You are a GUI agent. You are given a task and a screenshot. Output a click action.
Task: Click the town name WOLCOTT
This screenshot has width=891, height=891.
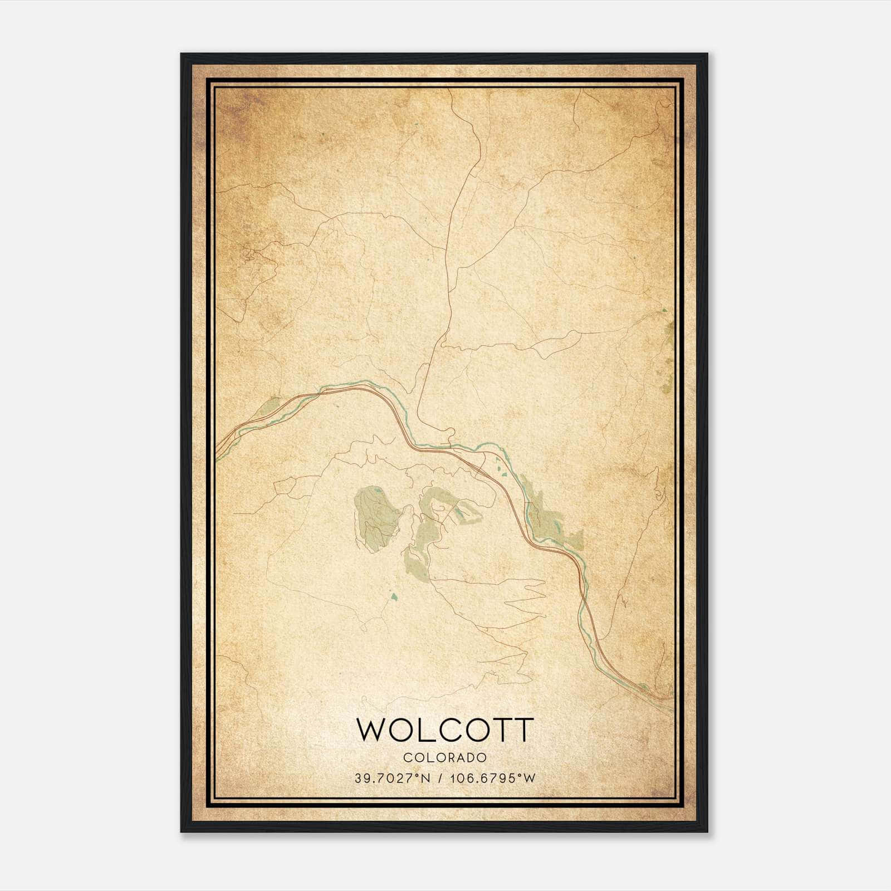tap(445, 730)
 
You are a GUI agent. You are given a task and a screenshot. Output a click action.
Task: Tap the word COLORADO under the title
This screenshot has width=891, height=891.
tap(445, 758)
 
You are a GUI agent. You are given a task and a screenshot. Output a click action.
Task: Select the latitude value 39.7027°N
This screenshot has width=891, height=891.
tap(391, 778)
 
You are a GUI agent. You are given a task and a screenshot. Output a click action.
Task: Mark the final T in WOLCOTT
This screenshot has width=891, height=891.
tap(524, 730)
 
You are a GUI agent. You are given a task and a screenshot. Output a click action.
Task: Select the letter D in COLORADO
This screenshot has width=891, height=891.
tap(472, 758)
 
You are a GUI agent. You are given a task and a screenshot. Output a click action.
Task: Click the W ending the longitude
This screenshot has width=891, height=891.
tap(530, 778)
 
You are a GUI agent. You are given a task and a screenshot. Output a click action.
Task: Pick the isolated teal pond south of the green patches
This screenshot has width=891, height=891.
tap(394, 598)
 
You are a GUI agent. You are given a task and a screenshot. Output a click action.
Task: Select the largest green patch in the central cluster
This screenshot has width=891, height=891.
tap(374, 518)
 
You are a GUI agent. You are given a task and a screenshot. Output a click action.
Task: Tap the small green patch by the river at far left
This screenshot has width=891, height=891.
tap(268, 407)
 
